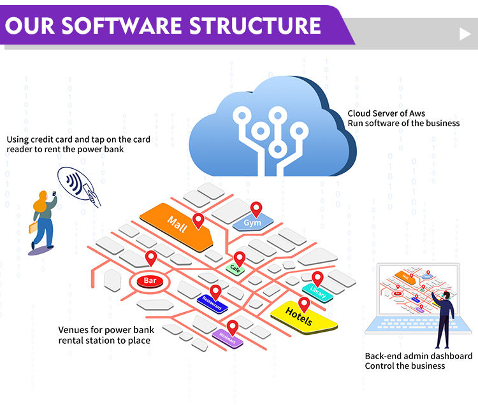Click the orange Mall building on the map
click(x=176, y=227)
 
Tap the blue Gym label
click(x=253, y=223)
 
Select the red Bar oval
click(x=150, y=281)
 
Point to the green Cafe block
click(x=235, y=269)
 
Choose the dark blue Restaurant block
click(x=212, y=304)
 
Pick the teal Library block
click(x=317, y=292)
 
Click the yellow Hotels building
click(x=303, y=318)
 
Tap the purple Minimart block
click(x=228, y=338)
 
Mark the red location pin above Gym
click(x=256, y=210)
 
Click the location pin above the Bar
click(x=151, y=259)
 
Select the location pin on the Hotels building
click(x=304, y=304)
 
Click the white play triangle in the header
click(x=465, y=34)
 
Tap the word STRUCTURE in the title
click(x=255, y=25)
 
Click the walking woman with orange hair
click(x=43, y=220)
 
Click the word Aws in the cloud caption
click(x=417, y=113)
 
